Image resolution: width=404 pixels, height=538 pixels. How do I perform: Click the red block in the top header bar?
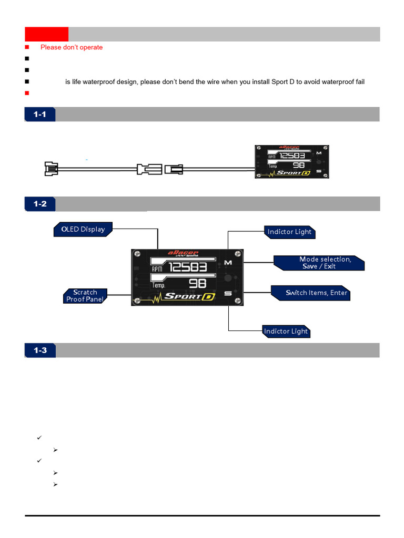point(46,34)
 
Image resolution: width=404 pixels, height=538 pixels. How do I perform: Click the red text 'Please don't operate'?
point(72,47)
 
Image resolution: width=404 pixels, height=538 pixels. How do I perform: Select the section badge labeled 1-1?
point(40,114)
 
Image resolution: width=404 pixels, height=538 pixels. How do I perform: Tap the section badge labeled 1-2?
point(40,204)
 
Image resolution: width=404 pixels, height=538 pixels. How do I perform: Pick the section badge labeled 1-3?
point(40,350)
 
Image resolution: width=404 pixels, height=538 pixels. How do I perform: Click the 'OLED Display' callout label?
point(83,230)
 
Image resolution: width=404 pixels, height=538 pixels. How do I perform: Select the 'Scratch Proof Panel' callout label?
point(85,296)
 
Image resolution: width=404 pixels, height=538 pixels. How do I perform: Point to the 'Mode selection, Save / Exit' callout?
point(320,263)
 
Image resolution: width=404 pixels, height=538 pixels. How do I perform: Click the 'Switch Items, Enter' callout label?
point(311,293)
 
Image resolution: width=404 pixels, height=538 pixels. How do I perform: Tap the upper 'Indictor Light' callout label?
point(289,232)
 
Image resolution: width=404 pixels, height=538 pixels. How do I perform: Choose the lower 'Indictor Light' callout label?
point(286,332)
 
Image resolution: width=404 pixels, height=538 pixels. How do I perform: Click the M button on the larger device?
point(228,262)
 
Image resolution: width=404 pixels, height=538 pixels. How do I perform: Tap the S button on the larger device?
point(228,293)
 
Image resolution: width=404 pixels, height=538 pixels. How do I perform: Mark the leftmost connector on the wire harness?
point(50,169)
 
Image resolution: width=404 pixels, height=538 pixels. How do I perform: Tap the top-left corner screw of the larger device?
point(137,255)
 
